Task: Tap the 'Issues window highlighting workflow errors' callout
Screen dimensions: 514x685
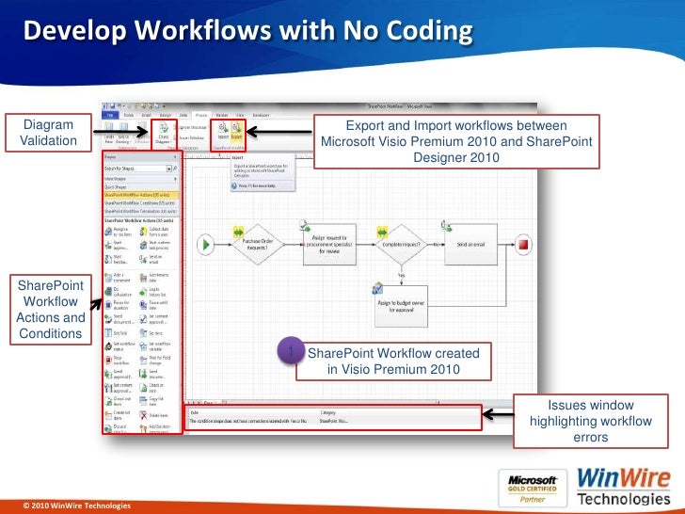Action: pos(590,421)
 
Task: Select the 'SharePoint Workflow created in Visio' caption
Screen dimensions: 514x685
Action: pos(392,361)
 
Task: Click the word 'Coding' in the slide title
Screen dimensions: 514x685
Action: pos(419,33)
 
